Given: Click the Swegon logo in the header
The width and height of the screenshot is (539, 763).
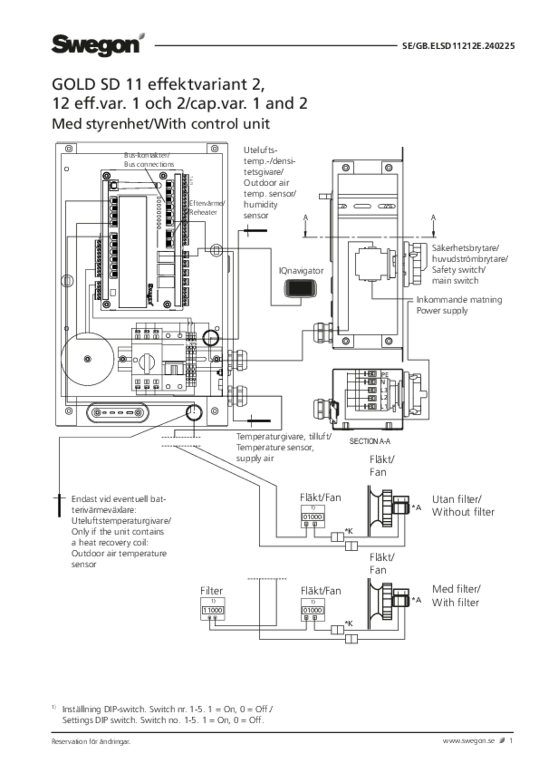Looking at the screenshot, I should [96, 44].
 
